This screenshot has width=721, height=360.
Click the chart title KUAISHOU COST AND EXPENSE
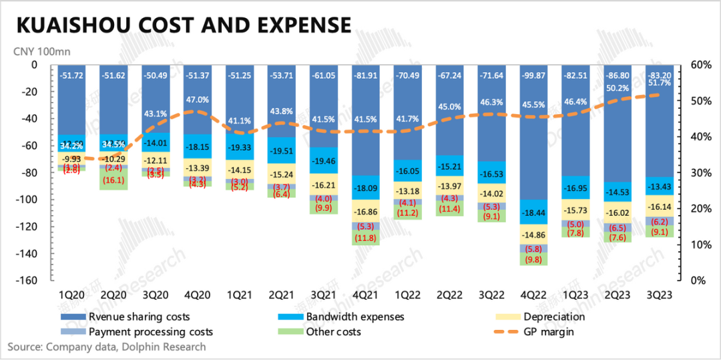(x=183, y=25)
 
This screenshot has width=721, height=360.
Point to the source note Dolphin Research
(x=107, y=347)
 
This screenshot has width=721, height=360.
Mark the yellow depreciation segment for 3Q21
(x=323, y=184)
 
